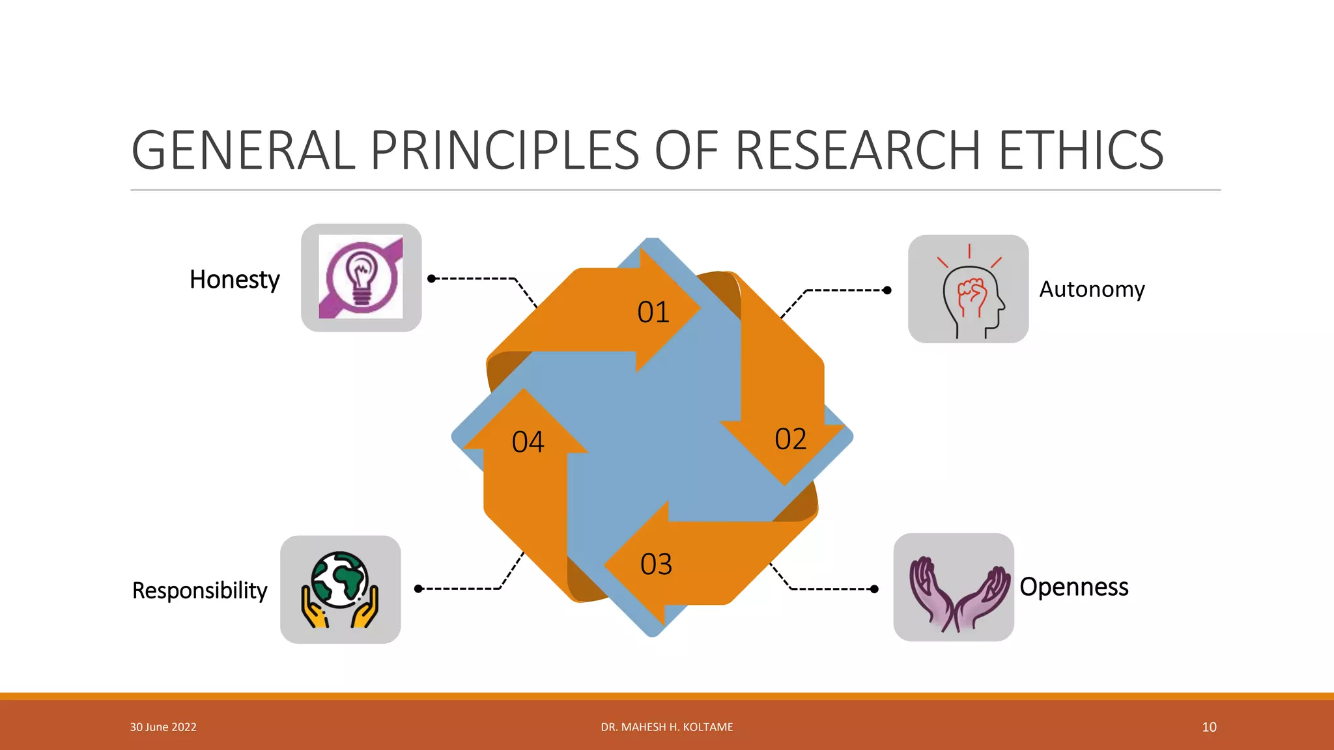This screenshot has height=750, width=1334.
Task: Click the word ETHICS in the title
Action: coord(1081,150)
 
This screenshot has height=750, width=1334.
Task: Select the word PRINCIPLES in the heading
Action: coord(505,150)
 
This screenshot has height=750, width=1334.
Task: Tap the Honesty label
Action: coord(234,279)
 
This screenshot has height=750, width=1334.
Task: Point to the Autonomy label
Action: coord(1092,289)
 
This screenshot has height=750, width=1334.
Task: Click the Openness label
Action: coord(1073,587)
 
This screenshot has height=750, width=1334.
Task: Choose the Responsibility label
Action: coord(199,590)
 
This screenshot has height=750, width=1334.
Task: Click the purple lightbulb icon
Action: coord(361,277)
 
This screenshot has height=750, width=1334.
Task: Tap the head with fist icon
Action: coord(969,289)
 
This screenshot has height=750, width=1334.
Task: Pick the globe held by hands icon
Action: coord(340,590)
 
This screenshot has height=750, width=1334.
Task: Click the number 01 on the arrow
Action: coord(653,312)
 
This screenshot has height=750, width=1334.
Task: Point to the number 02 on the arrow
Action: coord(790,439)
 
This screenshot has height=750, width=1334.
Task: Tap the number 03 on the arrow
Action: coord(656,564)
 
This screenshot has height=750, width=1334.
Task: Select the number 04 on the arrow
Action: coord(528,443)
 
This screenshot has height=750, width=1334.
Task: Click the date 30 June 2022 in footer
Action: coord(163,727)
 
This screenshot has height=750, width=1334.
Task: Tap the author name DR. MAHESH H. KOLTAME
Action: coord(667,727)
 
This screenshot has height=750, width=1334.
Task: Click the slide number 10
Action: coord(1209,727)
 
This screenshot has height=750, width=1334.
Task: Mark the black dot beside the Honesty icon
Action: coord(431,279)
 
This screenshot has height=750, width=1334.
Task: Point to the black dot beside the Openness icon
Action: coord(874,589)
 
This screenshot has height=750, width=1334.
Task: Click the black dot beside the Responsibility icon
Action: coord(419,589)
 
